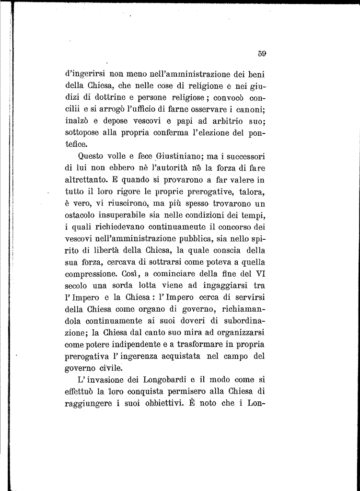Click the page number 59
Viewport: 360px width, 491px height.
(x=261, y=54)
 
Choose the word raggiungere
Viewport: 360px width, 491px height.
(x=89, y=404)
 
